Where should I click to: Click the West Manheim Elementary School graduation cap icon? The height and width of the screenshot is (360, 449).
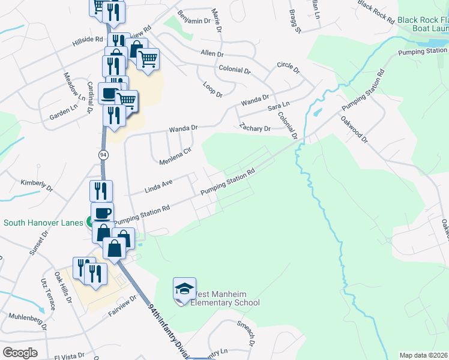pos(184,289)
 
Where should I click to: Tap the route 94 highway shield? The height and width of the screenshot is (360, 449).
pos(103,154)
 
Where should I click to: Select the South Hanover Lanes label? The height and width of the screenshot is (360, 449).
pos(43,223)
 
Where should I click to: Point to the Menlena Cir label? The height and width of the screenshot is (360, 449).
pos(175,155)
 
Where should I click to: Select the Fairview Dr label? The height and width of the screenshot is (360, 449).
pos(123,304)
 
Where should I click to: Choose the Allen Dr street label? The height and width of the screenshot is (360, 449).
pos(212,53)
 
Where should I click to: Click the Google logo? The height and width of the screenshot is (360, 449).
pos(20,353)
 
